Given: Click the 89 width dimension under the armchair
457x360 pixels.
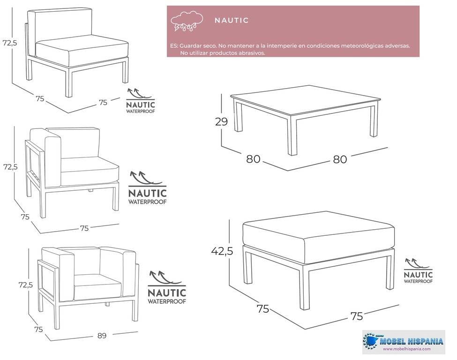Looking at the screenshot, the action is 102,336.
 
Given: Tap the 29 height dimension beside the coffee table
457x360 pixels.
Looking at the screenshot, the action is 221,121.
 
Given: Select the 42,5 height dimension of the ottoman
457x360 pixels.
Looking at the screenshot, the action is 222,251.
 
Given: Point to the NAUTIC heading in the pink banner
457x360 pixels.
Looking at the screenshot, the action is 232,20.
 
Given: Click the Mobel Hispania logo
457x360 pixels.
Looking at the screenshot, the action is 404,342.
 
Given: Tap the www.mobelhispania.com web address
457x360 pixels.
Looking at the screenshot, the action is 406,349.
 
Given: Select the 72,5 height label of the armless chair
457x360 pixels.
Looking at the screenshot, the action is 10,43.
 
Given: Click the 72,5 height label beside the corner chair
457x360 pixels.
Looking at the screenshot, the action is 10,167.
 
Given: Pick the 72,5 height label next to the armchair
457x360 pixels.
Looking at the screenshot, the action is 26,285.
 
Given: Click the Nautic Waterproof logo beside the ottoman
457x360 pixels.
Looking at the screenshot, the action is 418,270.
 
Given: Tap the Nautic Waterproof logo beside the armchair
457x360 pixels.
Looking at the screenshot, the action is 167,288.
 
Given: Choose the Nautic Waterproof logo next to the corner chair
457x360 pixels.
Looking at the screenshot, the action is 148,187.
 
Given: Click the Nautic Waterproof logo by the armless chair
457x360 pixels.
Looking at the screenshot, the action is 141,101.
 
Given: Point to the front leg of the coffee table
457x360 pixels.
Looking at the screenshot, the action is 292,135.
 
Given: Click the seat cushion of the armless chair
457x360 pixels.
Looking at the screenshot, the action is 82,50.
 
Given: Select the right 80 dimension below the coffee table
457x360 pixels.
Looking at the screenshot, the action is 340,159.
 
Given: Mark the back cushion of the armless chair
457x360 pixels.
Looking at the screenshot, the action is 64,27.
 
